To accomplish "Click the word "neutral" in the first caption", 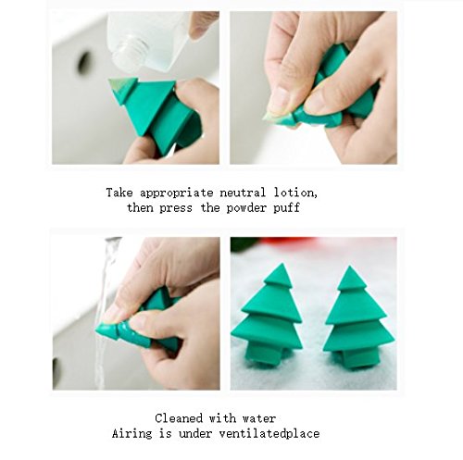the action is [243, 193].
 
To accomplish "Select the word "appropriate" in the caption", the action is [177, 194].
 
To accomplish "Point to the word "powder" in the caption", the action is [246, 208].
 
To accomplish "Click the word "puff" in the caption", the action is [286, 208].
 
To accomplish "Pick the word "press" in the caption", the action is [176, 209].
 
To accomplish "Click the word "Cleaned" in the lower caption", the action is [179, 418].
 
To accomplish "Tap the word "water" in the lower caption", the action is [259, 419].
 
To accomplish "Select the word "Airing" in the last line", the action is [132, 434].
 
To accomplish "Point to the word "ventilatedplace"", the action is [269, 434].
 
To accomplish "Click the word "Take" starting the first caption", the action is [119, 193].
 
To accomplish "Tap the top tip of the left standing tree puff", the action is [281, 264].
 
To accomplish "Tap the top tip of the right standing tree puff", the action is [349, 267].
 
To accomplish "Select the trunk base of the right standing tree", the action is [359, 358].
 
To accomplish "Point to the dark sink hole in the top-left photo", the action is [83, 63].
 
